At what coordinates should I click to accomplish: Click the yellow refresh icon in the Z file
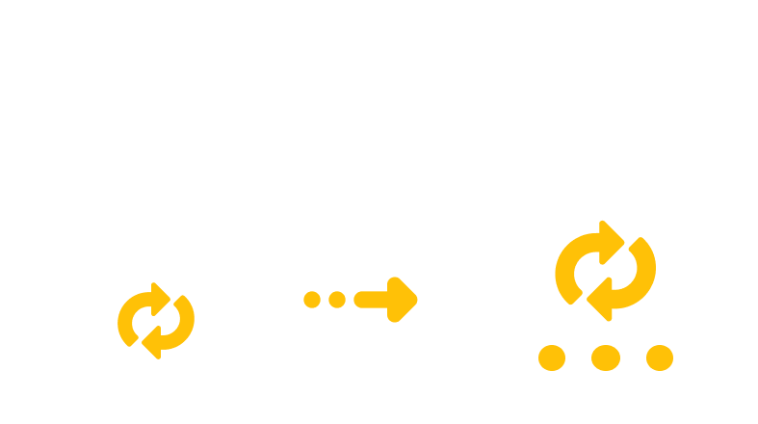pyautogui.click(x=156, y=319)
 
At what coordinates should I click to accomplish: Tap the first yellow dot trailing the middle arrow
pyautogui.click(x=312, y=299)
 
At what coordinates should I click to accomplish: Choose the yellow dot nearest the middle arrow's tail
pyautogui.click(x=336, y=299)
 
